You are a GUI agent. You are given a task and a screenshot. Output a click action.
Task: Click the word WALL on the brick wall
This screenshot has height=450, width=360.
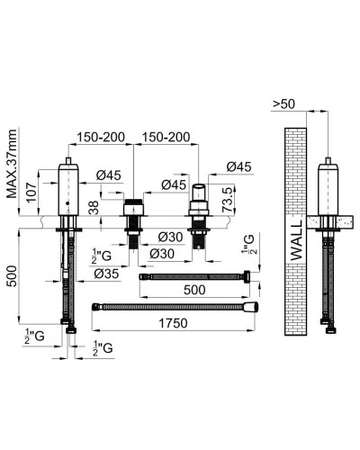click(x=296, y=240)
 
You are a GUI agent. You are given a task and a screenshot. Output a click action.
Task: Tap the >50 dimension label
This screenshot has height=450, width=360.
click(x=283, y=103)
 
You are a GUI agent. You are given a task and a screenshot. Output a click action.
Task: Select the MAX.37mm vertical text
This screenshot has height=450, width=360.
click(x=12, y=164)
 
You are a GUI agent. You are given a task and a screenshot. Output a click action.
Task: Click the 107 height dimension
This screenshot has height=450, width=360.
click(x=31, y=192)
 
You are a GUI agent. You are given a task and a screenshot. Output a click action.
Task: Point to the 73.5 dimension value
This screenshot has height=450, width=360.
click(x=228, y=200)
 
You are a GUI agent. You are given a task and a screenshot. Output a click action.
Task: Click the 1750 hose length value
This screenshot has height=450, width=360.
click(x=173, y=323)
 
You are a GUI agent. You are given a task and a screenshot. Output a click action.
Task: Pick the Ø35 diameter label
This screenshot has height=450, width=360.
click(x=106, y=274)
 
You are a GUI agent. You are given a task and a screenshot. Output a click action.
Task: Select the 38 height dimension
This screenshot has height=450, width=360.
click(x=94, y=207)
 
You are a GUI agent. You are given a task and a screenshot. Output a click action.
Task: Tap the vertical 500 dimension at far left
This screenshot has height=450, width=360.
click(x=12, y=275)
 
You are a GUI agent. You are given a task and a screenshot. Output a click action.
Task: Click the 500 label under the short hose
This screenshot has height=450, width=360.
click(x=194, y=290)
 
